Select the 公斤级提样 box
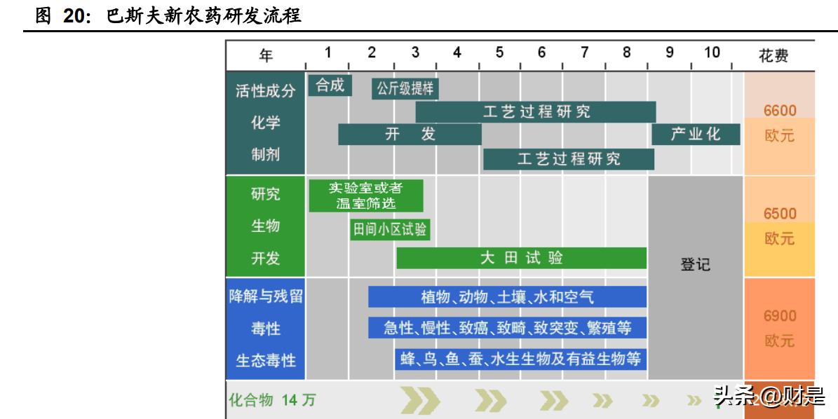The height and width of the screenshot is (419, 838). [405, 88]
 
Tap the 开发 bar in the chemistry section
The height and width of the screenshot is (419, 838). [410, 135]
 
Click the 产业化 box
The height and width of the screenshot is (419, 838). [695, 135]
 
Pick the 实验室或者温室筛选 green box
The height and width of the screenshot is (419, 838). [366, 195]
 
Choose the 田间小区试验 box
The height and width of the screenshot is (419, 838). [390, 229]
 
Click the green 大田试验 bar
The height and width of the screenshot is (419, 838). [521, 258]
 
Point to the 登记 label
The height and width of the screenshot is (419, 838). [695, 265]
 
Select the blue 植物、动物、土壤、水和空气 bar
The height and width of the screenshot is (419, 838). [507, 297]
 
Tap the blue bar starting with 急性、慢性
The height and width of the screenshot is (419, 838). [507, 327]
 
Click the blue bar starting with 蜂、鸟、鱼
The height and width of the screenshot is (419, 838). [520, 359]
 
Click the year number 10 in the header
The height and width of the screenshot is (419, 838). [711, 52]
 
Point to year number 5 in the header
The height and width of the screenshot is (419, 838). [499, 52]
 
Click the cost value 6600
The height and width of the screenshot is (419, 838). [780, 111]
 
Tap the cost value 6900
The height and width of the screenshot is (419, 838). [780, 316]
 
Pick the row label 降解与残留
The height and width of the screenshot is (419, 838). [266, 296]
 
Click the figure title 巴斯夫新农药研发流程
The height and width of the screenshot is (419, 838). [203, 15]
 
